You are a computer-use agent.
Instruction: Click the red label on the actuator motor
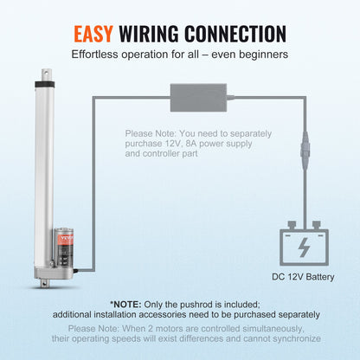coord(60,235)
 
